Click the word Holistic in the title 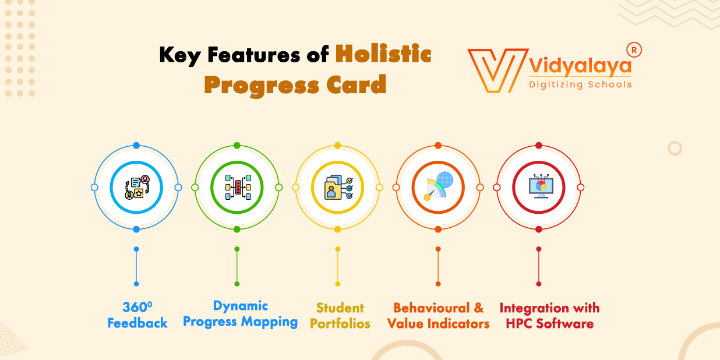point(383,55)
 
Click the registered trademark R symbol point(634,50)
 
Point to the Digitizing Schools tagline point(580,84)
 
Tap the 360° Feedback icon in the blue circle point(136,188)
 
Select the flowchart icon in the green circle point(237,188)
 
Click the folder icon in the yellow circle point(337,188)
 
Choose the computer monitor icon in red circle point(538,188)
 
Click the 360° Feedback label point(137,315)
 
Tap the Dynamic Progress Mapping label point(240,313)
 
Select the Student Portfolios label point(340,315)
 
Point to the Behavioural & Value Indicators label point(438,315)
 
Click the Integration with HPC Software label point(549,315)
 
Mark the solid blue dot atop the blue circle point(136,146)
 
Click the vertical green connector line point(237,266)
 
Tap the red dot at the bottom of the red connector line point(539,284)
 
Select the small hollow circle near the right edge point(675,148)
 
